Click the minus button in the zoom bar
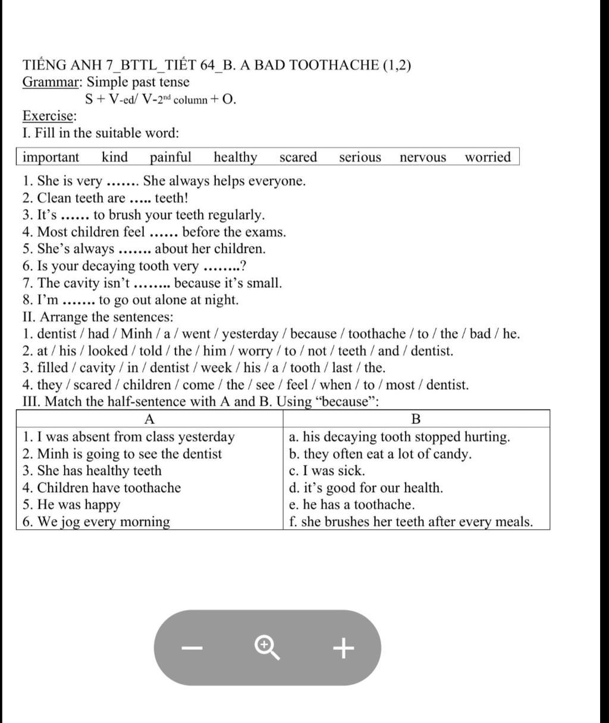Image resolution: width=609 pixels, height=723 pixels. (192, 647)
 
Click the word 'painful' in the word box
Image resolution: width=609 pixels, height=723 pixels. (170, 157)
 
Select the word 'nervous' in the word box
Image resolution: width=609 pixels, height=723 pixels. (422, 157)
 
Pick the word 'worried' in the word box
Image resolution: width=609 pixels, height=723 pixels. (488, 157)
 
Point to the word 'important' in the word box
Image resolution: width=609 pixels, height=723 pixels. (51, 157)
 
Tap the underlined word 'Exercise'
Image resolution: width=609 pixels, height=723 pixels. (49, 115)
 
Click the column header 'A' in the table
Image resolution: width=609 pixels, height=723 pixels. (150, 419)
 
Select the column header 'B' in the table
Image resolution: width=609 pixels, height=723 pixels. (416, 419)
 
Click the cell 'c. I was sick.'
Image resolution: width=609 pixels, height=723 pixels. (327, 471)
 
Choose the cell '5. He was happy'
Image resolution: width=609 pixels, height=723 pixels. (71, 505)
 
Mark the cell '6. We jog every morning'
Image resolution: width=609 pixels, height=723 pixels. (96, 522)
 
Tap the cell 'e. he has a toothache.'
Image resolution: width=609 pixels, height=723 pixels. (351, 505)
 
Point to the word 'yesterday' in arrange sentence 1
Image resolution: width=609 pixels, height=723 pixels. (250, 334)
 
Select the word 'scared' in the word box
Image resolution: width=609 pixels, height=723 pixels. (298, 157)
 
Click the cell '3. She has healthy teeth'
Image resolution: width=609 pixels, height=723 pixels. (92, 471)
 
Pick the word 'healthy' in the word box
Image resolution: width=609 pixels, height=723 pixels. (236, 157)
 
